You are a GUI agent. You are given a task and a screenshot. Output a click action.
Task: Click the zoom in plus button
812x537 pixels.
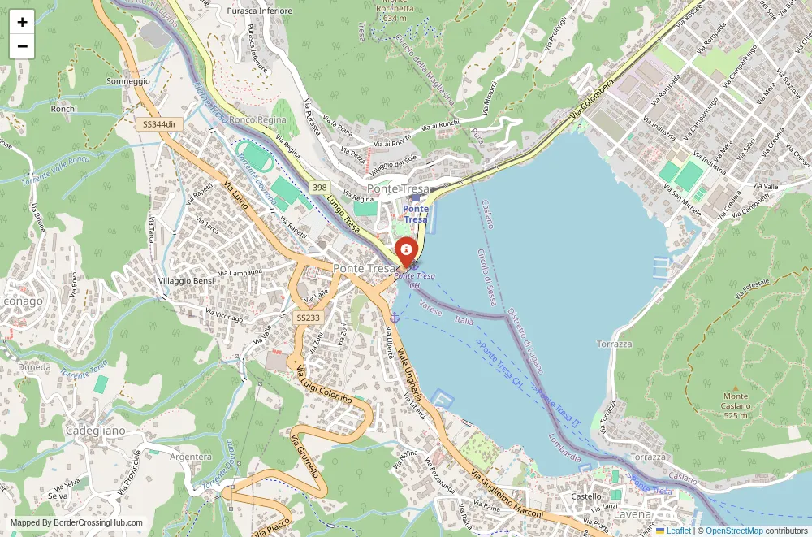(22, 22)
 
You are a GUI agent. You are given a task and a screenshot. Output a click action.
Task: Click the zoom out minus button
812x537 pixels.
(22, 46)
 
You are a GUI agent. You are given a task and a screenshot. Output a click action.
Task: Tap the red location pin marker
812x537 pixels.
(405, 250)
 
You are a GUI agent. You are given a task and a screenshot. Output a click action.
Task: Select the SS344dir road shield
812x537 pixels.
(159, 123)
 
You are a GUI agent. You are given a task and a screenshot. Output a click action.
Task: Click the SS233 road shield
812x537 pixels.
(307, 318)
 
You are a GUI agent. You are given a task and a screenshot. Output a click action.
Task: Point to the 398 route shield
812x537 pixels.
(319, 187)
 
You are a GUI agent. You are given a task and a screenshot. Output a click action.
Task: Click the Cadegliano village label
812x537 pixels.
(95, 430)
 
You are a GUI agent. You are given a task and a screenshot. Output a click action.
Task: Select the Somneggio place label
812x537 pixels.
(128, 81)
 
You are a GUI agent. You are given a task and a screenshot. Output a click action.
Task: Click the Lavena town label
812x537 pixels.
(633, 514)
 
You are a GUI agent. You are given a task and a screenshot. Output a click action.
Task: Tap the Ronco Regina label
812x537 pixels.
(257, 120)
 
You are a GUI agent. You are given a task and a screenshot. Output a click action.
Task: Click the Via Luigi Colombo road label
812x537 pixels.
(324, 385)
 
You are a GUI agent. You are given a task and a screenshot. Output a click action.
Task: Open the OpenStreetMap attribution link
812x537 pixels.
(734, 531)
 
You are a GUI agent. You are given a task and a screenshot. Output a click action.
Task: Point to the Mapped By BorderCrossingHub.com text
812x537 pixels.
(77, 523)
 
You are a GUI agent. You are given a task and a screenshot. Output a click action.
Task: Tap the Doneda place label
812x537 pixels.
(34, 367)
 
